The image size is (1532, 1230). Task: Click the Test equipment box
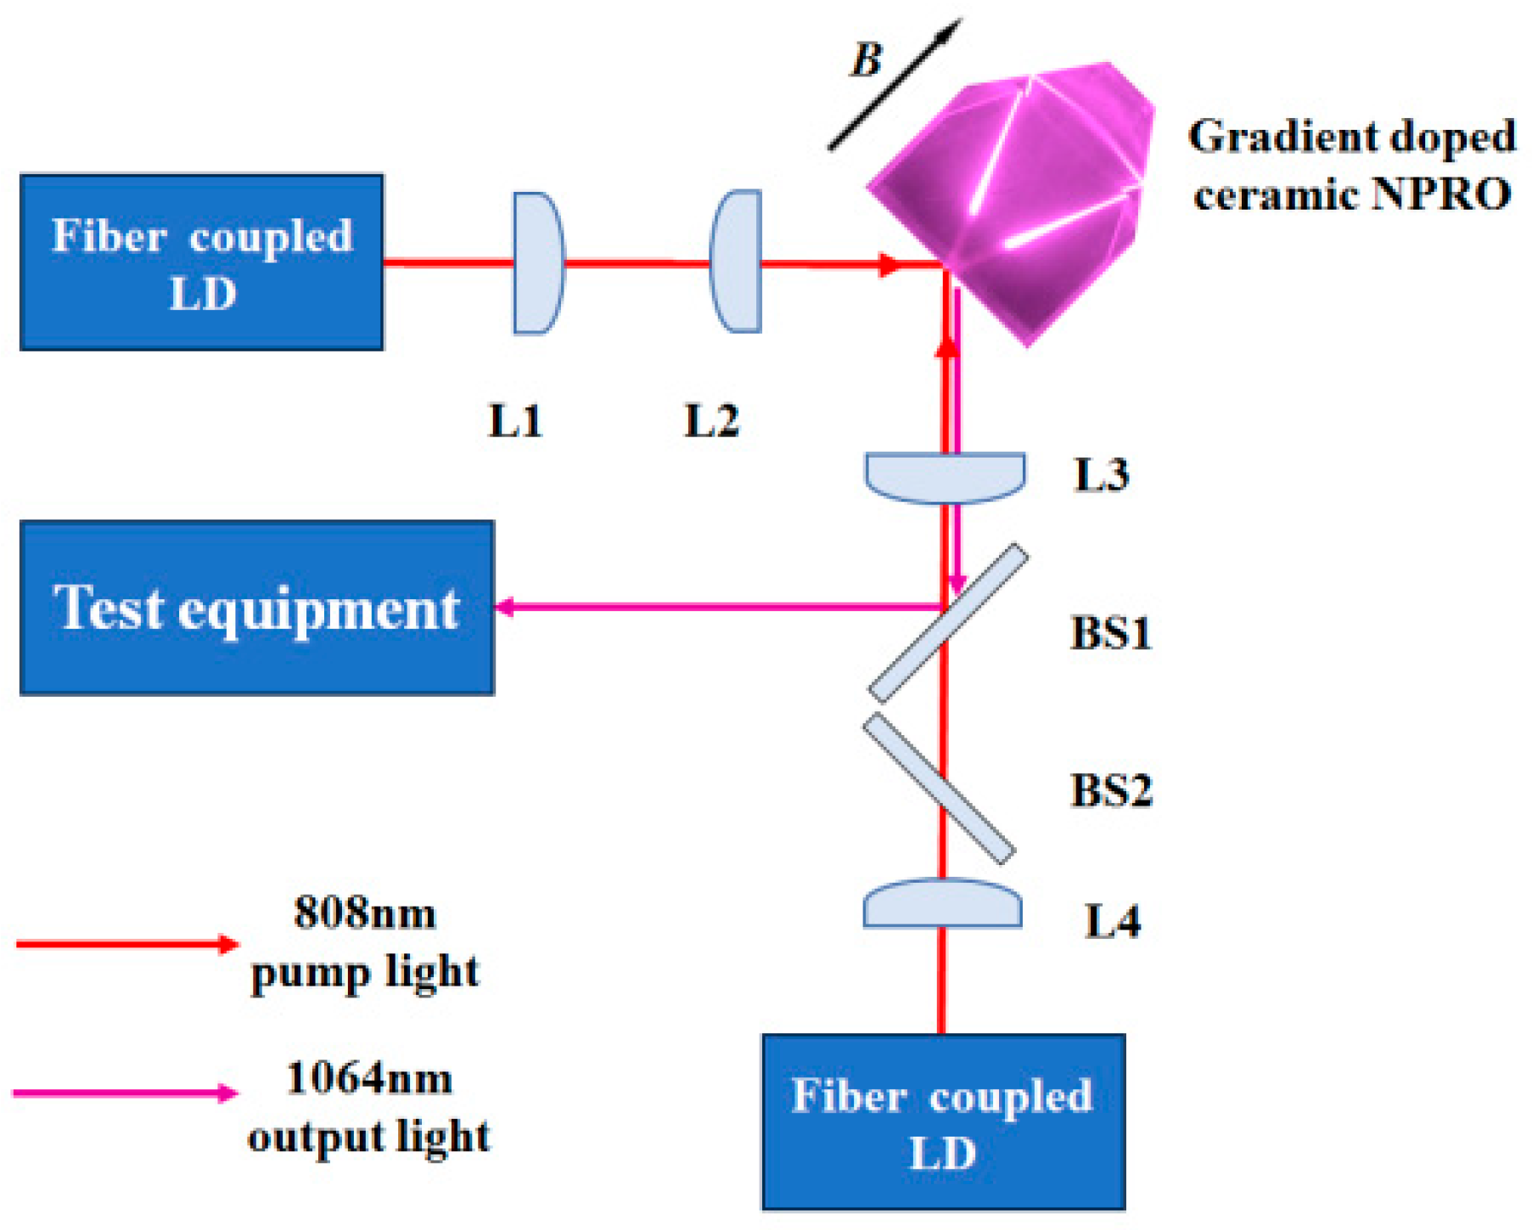(x=256, y=608)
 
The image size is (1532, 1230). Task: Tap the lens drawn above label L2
(x=737, y=261)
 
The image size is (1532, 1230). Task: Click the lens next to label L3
(x=945, y=476)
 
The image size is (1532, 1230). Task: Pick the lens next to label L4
(x=942, y=905)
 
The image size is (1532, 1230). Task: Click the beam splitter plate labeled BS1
(x=947, y=623)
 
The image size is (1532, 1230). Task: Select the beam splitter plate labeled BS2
(x=939, y=787)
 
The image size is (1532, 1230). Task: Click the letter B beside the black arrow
(x=867, y=60)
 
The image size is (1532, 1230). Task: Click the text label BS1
(x=1110, y=633)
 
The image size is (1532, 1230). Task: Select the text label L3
(x=1101, y=475)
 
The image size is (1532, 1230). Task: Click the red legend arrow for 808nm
(x=127, y=944)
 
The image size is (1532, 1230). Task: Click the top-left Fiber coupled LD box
(x=202, y=262)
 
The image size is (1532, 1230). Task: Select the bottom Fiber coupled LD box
(x=943, y=1121)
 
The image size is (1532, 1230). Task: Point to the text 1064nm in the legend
(x=369, y=1079)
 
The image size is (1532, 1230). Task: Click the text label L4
(x=1112, y=922)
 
